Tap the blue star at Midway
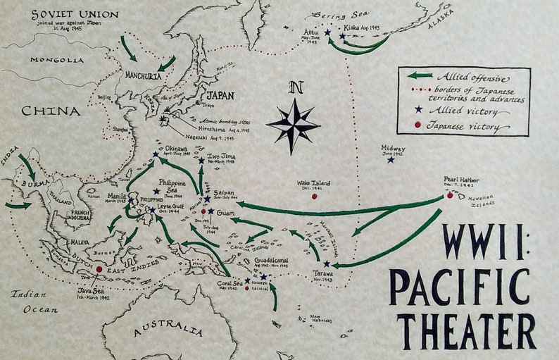click(391, 160)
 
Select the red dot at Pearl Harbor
click(450, 195)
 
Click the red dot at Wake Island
click(314, 196)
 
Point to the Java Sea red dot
click(99, 269)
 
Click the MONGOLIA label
click(56, 61)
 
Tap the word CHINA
click(50, 111)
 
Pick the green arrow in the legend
click(420, 75)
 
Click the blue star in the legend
click(419, 109)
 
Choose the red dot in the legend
click(418, 125)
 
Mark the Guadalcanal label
click(271, 260)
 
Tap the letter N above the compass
click(296, 88)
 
